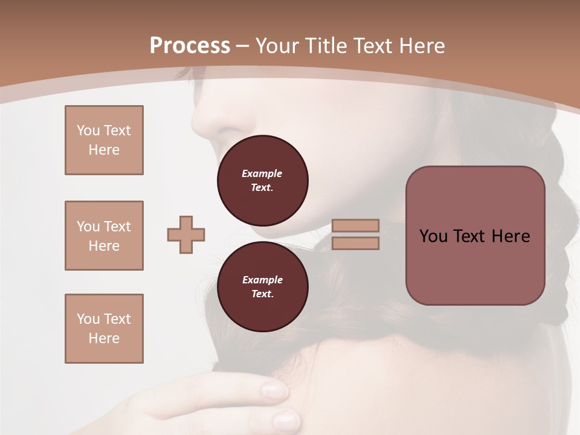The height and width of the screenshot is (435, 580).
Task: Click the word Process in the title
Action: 190,46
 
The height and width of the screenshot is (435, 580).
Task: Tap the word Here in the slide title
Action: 420,46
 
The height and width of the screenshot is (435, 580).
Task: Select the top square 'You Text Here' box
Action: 104,140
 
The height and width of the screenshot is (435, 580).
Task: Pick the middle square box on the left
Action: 104,236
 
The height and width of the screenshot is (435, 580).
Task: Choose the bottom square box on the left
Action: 104,329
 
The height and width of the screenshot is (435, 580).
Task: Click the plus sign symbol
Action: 186,235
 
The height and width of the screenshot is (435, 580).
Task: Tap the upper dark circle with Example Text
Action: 262,181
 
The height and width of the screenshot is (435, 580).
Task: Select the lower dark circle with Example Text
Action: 262,287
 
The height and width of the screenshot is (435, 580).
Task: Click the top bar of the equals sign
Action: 355,225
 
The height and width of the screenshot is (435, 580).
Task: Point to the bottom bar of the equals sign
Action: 355,243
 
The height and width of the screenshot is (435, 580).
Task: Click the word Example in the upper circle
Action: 262,173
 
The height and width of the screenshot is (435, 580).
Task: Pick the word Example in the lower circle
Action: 262,280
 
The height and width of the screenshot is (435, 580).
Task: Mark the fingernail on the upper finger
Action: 275,390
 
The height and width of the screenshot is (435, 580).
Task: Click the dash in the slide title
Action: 243,46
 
